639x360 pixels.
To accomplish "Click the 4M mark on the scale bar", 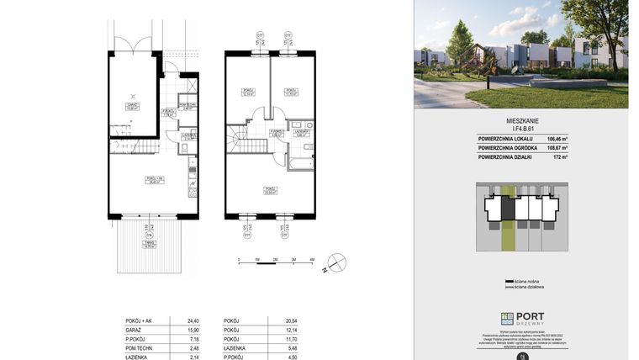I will (x=311, y=260).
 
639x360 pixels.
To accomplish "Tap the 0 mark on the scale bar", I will (x=240, y=260).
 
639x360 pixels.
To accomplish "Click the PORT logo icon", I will (x=507, y=319).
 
